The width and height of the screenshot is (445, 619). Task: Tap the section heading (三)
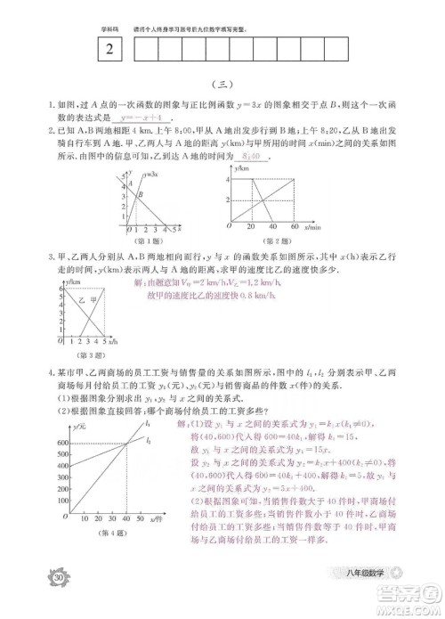[x=223, y=87]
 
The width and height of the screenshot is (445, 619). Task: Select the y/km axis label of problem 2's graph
[x=239, y=169]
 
